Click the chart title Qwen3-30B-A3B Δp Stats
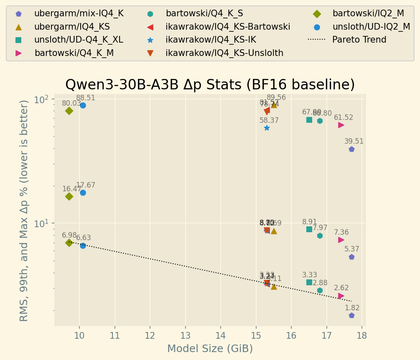(210, 85)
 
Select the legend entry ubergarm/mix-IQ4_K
(79, 13)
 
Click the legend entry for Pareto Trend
(359, 40)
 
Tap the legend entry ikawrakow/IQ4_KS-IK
(211, 40)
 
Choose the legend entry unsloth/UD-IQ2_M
(371, 27)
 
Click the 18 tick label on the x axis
(362, 335)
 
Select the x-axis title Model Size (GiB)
(210, 349)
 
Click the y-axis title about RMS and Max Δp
(24, 210)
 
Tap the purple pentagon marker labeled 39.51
(351, 149)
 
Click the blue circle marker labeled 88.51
(83, 105)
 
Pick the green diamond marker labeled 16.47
(69, 196)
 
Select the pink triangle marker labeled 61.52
(341, 125)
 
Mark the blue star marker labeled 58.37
(267, 128)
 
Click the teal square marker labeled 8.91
(309, 229)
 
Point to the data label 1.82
(352, 308)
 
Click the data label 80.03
(71, 103)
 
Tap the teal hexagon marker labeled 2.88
(320, 290)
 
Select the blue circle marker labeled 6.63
(83, 246)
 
